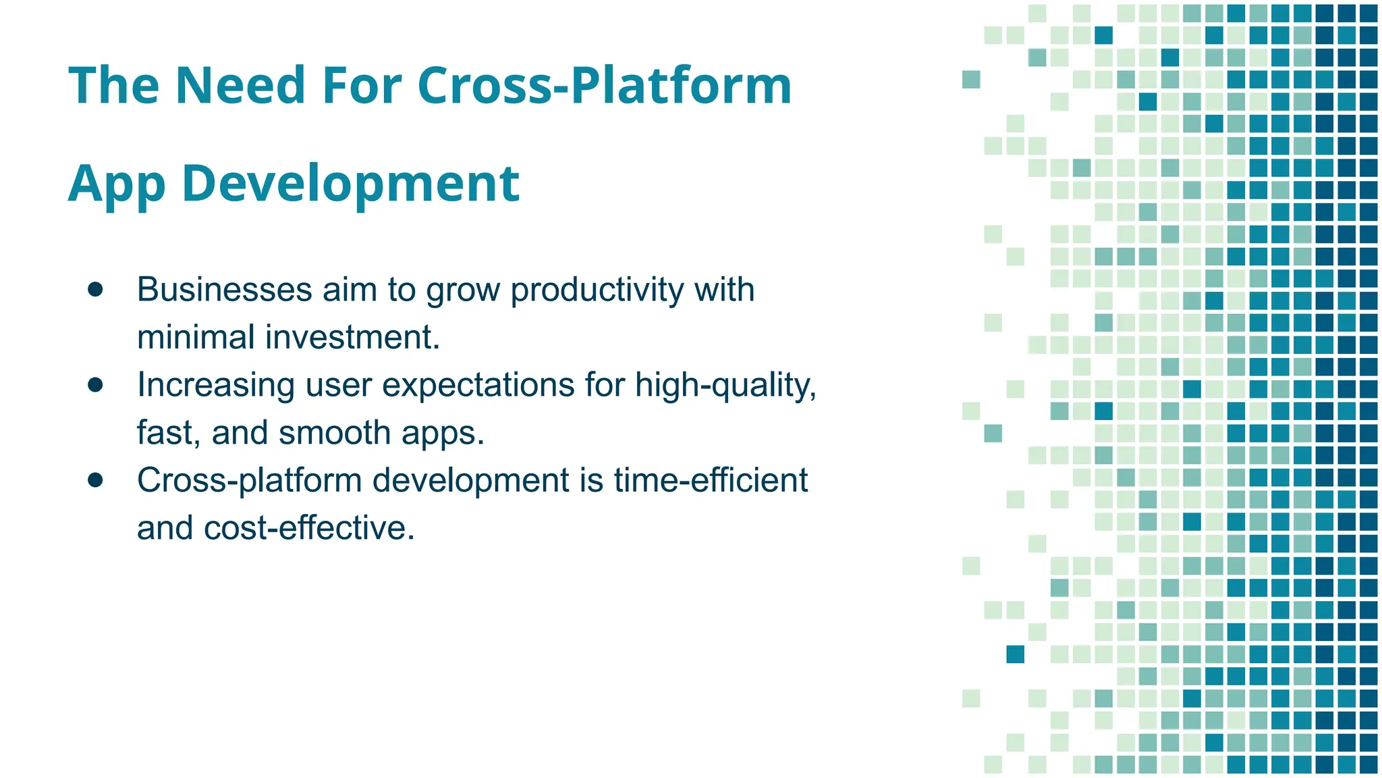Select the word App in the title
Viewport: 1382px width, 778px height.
click(x=117, y=184)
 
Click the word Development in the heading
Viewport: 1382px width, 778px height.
click(x=350, y=184)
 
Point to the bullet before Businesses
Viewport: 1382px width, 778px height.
click(x=95, y=290)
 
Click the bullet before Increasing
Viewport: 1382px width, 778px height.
click(x=95, y=385)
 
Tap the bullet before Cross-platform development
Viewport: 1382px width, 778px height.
click(x=95, y=480)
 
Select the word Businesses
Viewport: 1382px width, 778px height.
click(x=224, y=290)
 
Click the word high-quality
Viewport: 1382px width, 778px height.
click(x=725, y=385)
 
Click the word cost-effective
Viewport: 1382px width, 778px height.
click(x=308, y=528)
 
